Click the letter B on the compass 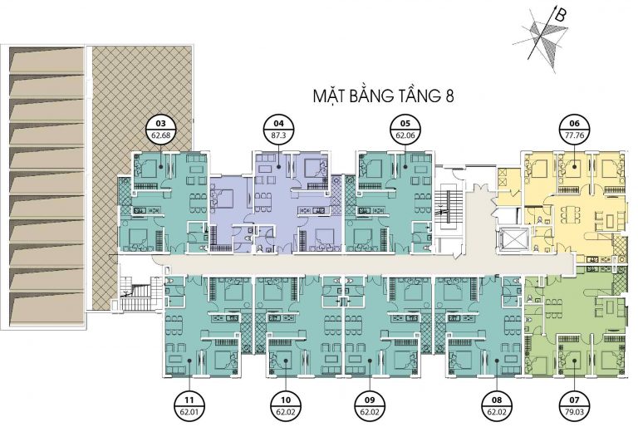pyautogui.click(x=560, y=16)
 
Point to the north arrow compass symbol pyautogui.click(x=541, y=39)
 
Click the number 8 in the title pyautogui.click(x=449, y=96)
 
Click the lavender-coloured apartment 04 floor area pyautogui.click(x=277, y=204)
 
